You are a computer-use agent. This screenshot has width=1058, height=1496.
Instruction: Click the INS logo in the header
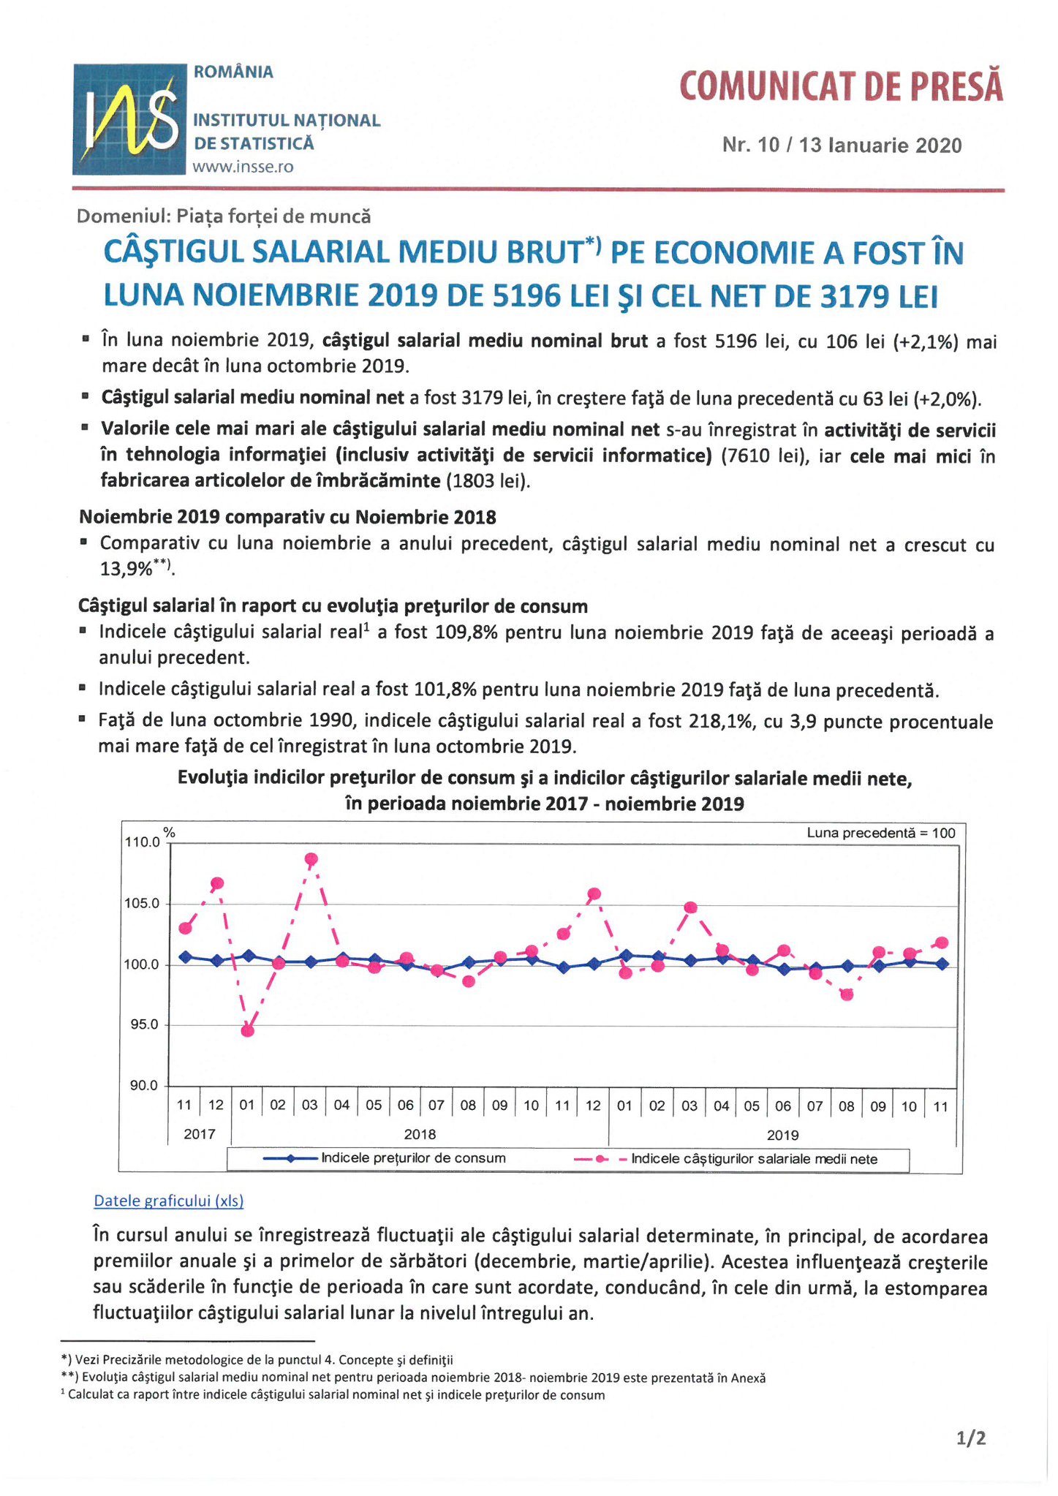tap(129, 119)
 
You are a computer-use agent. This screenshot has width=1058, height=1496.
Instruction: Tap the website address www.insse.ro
tap(243, 167)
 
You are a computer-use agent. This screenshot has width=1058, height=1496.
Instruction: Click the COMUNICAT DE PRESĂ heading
tap(841, 86)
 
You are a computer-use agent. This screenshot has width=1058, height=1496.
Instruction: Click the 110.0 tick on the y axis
tap(145, 842)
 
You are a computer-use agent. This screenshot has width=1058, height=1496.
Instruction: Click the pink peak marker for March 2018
tap(311, 859)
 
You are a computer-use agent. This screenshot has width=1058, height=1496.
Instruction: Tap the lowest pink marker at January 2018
tap(247, 1031)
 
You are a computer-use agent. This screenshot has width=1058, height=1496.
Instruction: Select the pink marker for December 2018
tap(594, 894)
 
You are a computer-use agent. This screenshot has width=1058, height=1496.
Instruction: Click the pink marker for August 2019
tap(847, 994)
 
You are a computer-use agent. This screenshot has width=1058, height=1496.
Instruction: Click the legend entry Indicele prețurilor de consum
tap(385, 1158)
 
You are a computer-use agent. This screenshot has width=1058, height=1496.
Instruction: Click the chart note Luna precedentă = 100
tap(881, 833)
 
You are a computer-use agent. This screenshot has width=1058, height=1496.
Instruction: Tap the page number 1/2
tap(971, 1438)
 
